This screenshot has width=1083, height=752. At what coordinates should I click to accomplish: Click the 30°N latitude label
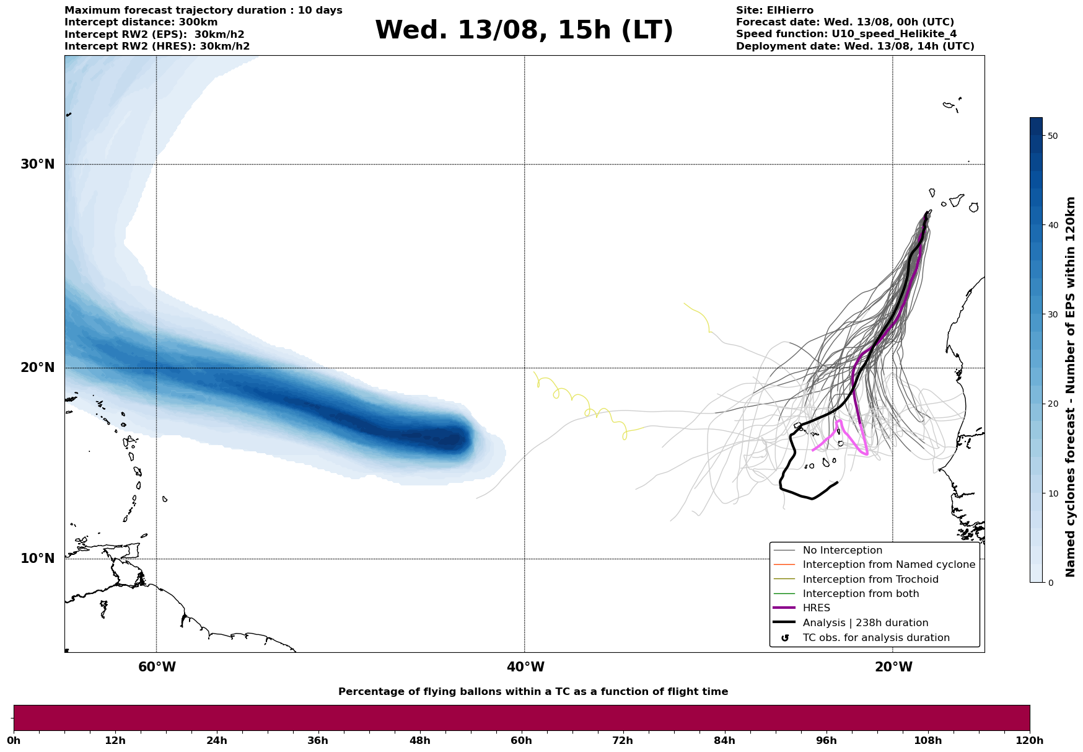pyautogui.click(x=37, y=164)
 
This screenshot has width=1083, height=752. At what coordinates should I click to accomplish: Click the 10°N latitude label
pyautogui.click(x=37, y=559)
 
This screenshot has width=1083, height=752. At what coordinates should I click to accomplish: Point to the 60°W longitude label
pyautogui.click(x=157, y=667)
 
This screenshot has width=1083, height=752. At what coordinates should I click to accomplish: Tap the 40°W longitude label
pyautogui.click(x=525, y=667)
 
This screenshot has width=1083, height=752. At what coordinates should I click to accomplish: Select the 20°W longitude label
pyautogui.click(x=893, y=667)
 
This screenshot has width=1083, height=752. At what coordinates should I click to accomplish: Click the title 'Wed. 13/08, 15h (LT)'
pyautogui.click(x=524, y=30)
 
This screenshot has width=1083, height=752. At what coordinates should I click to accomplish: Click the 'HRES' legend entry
pyautogui.click(x=816, y=608)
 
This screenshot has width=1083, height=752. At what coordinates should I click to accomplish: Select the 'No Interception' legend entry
pyautogui.click(x=842, y=551)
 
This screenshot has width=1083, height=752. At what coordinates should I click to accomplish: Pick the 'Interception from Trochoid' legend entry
pyautogui.click(x=870, y=580)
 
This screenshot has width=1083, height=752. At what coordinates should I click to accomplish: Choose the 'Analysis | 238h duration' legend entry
pyautogui.click(x=865, y=623)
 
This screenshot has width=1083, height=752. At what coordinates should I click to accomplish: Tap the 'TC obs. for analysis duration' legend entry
pyautogui.click(x=875, y=638)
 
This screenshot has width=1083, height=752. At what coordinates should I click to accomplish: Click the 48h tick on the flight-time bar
pyautogui.click(x=419, y=741)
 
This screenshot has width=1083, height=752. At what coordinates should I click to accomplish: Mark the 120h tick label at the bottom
pyautogui.click(x=1030, y=741)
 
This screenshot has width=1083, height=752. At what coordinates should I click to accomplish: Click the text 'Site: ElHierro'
pyautogui.click(x=774, y=11)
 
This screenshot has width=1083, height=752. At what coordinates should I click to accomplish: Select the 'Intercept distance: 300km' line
pyautogui.click(x=141, y=22)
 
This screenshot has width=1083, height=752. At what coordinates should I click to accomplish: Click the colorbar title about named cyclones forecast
pyautogui.click(x=1070, y=387)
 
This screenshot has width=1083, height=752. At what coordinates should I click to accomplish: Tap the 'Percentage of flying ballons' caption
pyautogui.click(x=533, y=692)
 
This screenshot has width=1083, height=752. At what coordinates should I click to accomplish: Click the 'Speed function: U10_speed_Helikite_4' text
pyautogui.click(x=846, y=34)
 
